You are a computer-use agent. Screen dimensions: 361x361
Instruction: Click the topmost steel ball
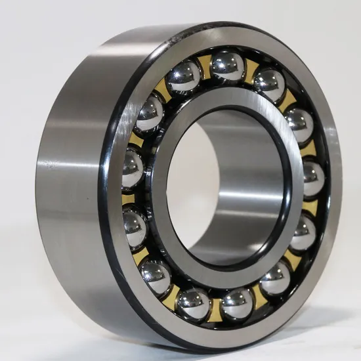228,66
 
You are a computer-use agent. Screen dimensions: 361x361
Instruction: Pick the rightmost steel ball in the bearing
312,177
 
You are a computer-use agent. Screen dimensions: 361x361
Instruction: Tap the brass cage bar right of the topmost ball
251,69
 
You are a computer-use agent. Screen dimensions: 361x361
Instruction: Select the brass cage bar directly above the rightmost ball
309,150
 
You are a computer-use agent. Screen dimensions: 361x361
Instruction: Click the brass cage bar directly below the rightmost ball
310,207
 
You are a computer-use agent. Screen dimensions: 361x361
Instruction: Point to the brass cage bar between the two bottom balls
215,305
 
